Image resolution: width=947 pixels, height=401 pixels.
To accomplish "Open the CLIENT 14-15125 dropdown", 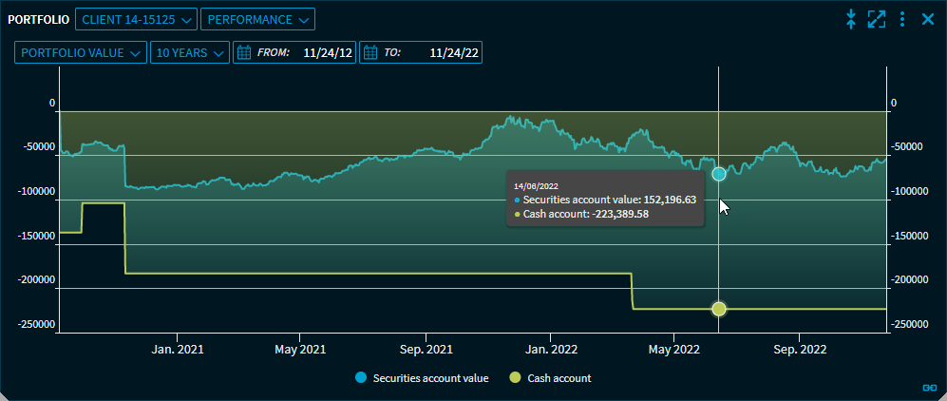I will point(136,19).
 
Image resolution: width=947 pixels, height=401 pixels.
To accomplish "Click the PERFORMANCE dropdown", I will point(257,19).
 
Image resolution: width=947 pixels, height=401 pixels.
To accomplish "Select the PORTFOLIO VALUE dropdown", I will point(81,53).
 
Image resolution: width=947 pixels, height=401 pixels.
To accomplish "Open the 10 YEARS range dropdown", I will point(190,53).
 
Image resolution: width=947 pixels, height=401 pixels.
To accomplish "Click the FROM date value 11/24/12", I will point(328,53).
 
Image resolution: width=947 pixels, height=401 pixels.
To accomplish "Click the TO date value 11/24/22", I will point(454,53).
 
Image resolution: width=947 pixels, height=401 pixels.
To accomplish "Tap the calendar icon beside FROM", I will point(243,53).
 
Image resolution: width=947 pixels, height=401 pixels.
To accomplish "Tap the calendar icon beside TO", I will point(370,53).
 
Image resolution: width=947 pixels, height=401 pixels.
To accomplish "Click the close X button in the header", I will point(928,18).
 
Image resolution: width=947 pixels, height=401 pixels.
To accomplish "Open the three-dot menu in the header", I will point(902,18).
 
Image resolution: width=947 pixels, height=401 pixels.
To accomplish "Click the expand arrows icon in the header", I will point(877,18).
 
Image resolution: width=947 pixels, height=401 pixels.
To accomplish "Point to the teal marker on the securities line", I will point(719,174).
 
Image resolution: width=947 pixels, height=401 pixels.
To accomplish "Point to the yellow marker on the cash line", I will point(719,309).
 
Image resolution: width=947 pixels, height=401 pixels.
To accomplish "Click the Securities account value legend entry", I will point(422,378).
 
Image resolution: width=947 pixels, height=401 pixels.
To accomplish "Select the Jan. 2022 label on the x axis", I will point(551,349).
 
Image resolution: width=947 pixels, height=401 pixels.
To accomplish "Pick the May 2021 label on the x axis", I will point(299,349).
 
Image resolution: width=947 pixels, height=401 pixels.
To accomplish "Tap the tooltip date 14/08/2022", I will point(537,186).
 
